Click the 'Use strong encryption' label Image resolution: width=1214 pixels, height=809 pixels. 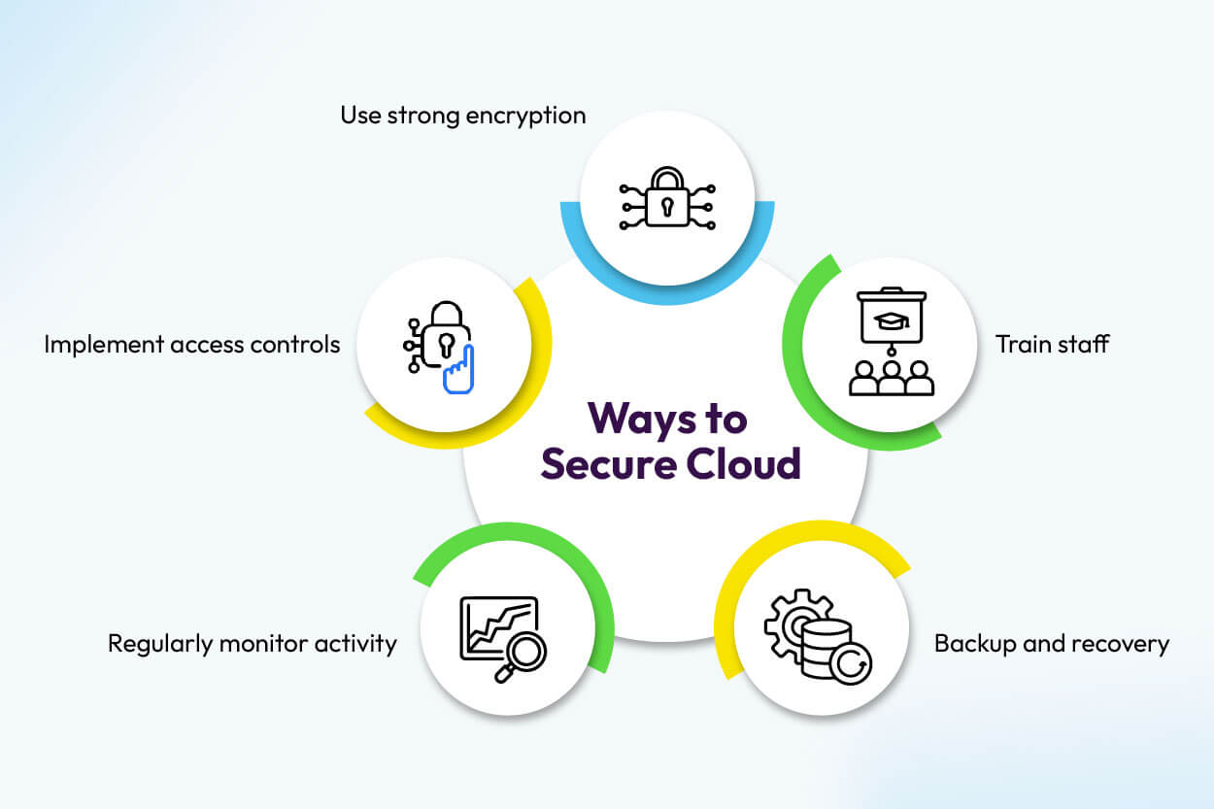coord(462,117)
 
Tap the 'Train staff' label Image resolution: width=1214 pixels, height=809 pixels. coord(1052,344)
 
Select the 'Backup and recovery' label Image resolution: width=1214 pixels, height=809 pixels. coord(1051,643)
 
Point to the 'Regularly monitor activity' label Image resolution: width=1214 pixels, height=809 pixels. coord(253,643)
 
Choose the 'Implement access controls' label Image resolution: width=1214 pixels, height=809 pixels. coord(192,344)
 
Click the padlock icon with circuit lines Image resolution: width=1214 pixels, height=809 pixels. coord(667,199)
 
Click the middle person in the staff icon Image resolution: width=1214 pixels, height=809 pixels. coord(891,379)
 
